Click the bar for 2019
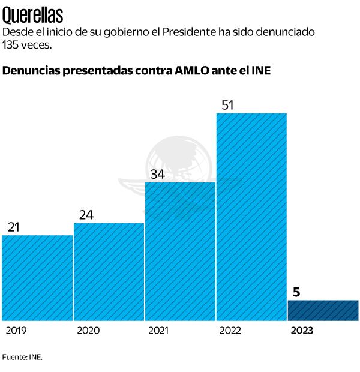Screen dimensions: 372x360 tap(37, 277)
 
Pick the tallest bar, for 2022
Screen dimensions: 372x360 tap(251, 216)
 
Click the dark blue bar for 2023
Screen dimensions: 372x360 tap(323, 310)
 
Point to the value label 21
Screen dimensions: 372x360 tap(14, 227)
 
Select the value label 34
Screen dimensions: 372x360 tap(158, 174)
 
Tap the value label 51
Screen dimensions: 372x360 tap(228, 105)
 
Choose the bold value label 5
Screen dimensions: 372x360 tap(296, 292)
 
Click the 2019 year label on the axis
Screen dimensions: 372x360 tap(16, 331)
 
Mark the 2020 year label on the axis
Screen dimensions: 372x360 tap(88, 331)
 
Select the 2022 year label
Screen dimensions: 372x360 tap(230, 331)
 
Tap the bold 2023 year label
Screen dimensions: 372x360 tap(302, 331)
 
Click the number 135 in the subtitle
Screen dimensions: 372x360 tap(11, 45)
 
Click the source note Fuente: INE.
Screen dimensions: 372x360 tap(23, 357)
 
